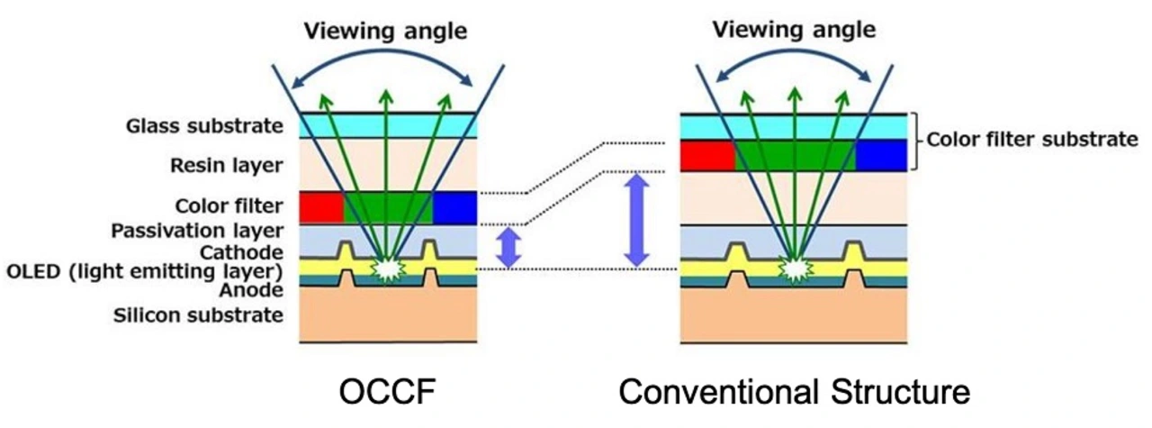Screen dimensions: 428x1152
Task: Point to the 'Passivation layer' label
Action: (x=197, y=231)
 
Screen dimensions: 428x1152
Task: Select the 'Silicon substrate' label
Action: (x=198, y=314)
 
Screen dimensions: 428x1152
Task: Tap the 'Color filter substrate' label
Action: (x=1032, y=140)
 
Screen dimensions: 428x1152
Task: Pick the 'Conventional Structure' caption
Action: (x=795, y=393)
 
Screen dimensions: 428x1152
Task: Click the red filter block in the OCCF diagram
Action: (x=321, y=207)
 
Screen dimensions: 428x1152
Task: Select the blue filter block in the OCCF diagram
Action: (x=454, y=207)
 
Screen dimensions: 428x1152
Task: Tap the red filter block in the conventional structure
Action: (x=707, y=155)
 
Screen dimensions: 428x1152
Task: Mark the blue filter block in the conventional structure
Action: (x=880, y=155)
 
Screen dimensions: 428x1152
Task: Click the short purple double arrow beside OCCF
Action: (x=509, y=247)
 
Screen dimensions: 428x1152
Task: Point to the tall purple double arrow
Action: (x=636, y=220)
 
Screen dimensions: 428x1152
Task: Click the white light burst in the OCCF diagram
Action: (x=387, y=268)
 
